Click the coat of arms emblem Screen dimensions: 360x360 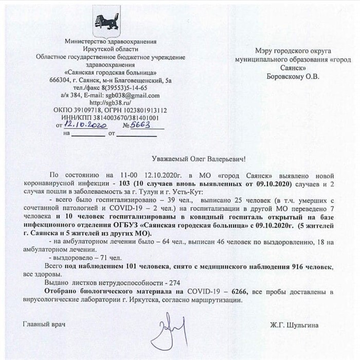tap(106, 22)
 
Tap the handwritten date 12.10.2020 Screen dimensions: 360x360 tap(83, 125)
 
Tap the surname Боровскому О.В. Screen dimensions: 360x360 tap(293, 77)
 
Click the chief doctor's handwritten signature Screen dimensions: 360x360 tap(166, 332)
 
